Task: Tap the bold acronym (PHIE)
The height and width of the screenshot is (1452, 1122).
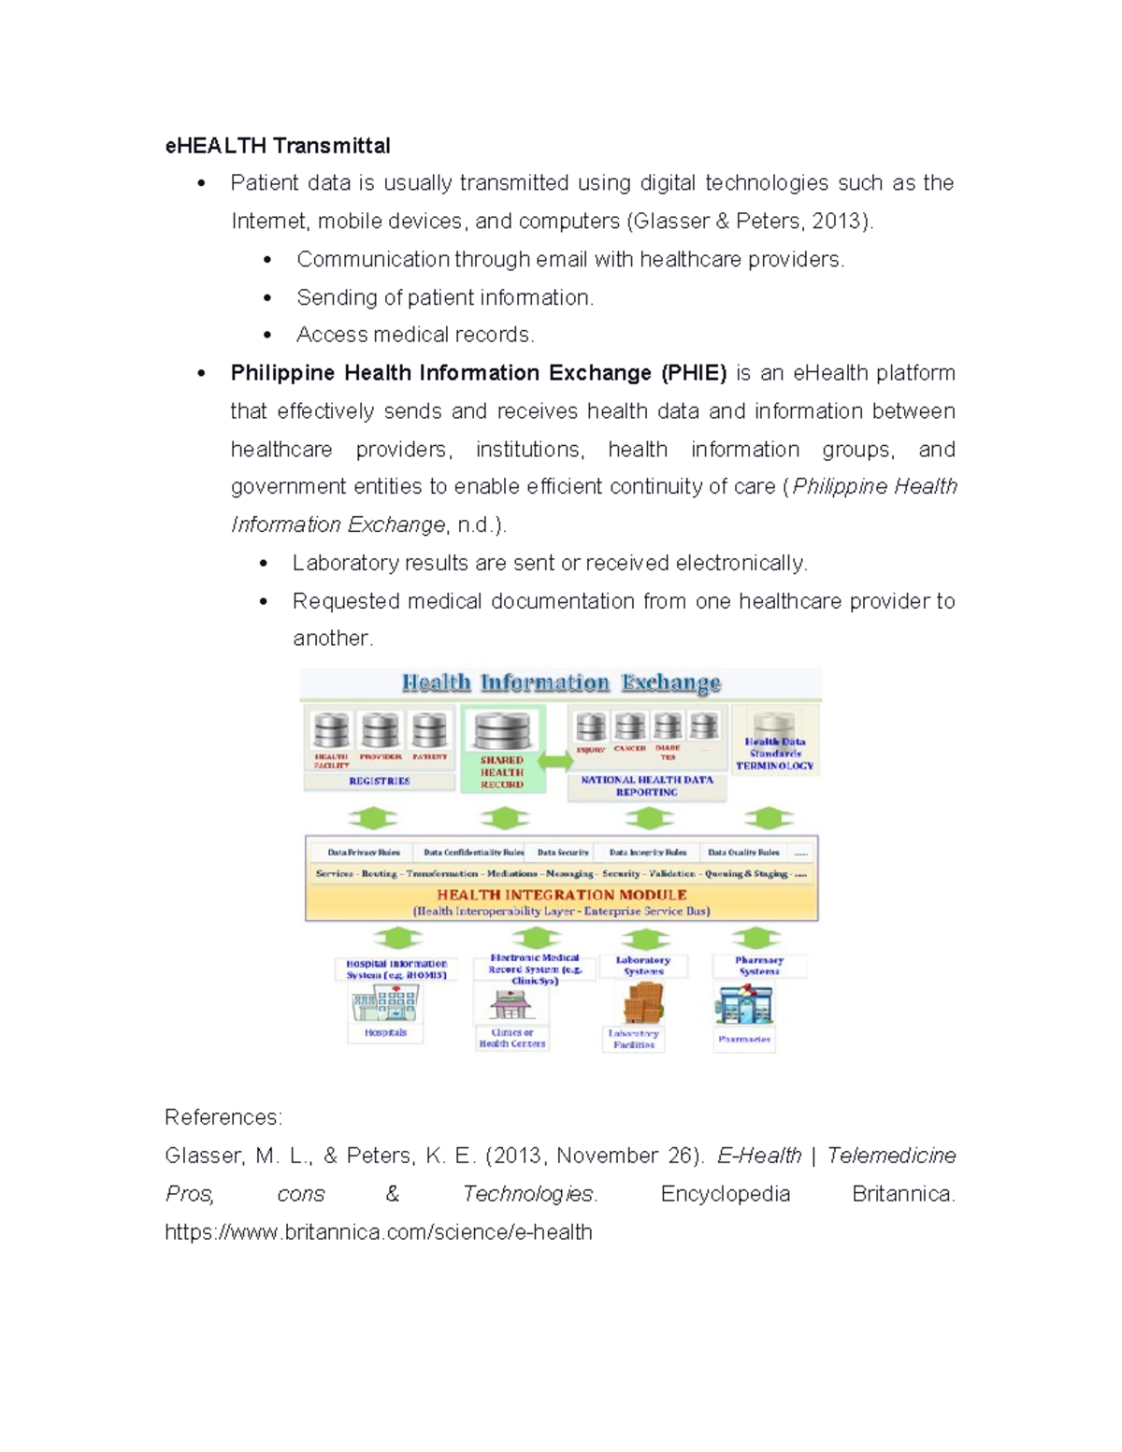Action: coord(693,373)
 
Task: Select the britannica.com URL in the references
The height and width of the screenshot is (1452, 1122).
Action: coord(379,1232)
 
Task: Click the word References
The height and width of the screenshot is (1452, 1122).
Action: coord(223,1117)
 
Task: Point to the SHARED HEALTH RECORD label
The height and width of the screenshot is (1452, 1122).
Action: coord(502,772)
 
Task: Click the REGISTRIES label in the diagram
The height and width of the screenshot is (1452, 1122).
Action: coord(379,781)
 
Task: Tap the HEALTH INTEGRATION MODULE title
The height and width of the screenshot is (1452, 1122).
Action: coord(562,895)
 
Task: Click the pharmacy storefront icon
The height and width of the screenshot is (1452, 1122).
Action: coord(744,1006)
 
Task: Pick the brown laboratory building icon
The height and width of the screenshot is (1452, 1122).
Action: coord(643,1004)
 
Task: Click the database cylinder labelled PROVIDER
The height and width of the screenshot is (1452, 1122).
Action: coord(381,730)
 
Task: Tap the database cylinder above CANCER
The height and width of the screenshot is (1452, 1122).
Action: coord(630,726)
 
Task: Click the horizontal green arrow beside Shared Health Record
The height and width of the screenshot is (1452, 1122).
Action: coord(555,760)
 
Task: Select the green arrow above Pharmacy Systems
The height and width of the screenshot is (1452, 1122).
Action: coord(756,937)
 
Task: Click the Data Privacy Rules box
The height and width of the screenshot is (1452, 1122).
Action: coord(363,853)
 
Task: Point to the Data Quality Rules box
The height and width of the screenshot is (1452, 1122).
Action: coord(743,853)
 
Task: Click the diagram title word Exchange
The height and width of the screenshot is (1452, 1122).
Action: coord(670,683)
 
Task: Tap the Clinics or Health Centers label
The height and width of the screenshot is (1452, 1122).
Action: coord(512,1039)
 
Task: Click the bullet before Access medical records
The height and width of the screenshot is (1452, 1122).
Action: coord(267,336)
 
